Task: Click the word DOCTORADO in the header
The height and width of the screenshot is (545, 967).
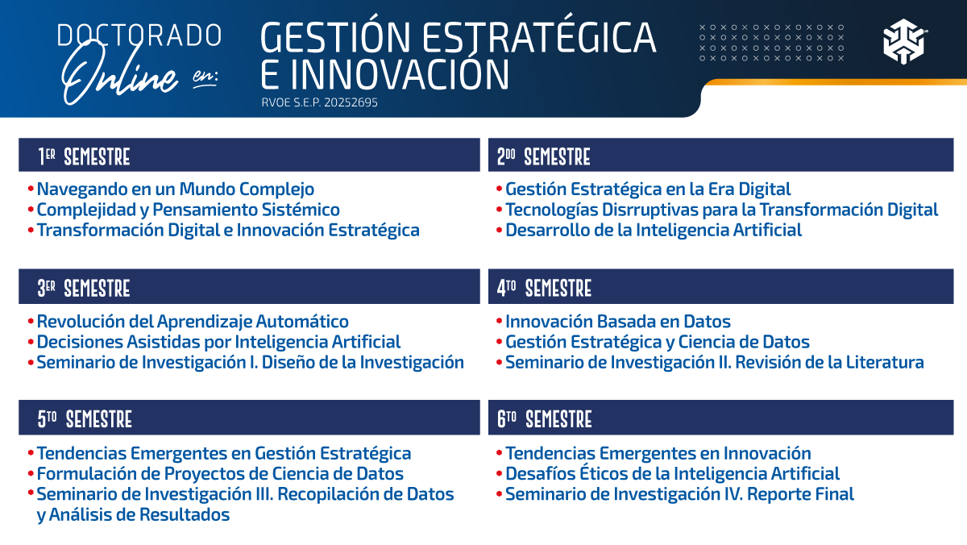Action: (139, 35)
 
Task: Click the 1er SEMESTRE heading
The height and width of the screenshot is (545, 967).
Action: (84, 156)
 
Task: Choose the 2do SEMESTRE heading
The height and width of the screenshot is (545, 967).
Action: (543, 156)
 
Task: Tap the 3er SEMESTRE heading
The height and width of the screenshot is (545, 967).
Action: (84, 288)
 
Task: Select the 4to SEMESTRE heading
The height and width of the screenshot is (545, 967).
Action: (544, 288)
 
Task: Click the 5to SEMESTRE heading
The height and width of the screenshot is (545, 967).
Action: (85, 419)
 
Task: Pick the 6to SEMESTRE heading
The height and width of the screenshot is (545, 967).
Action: (544, 419)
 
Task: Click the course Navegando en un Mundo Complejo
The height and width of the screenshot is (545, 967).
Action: (175, 189)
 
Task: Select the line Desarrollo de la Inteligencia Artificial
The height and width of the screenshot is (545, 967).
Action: (653, 231)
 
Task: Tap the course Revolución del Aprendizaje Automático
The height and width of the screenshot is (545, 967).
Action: (193, 322)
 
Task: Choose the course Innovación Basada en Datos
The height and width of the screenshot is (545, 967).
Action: (618, 322)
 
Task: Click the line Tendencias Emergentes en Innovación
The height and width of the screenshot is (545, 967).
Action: (658, 453)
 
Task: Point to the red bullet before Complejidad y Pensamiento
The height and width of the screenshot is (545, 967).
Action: (31, 210)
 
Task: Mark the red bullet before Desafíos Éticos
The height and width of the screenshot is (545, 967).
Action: (500, 474)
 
